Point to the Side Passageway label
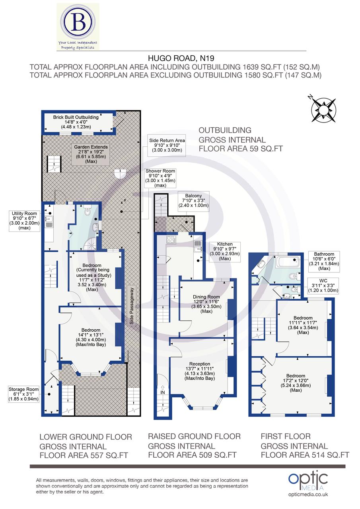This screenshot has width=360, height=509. pyautogui.click(x=132, y=305)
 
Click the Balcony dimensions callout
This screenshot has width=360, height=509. pyautogui.click(x=193, y=202)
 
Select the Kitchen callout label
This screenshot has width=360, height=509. pyautogui.click(x=225, y=251)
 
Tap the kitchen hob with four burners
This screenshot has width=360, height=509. pyautogui.click(x=171, y=240)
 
